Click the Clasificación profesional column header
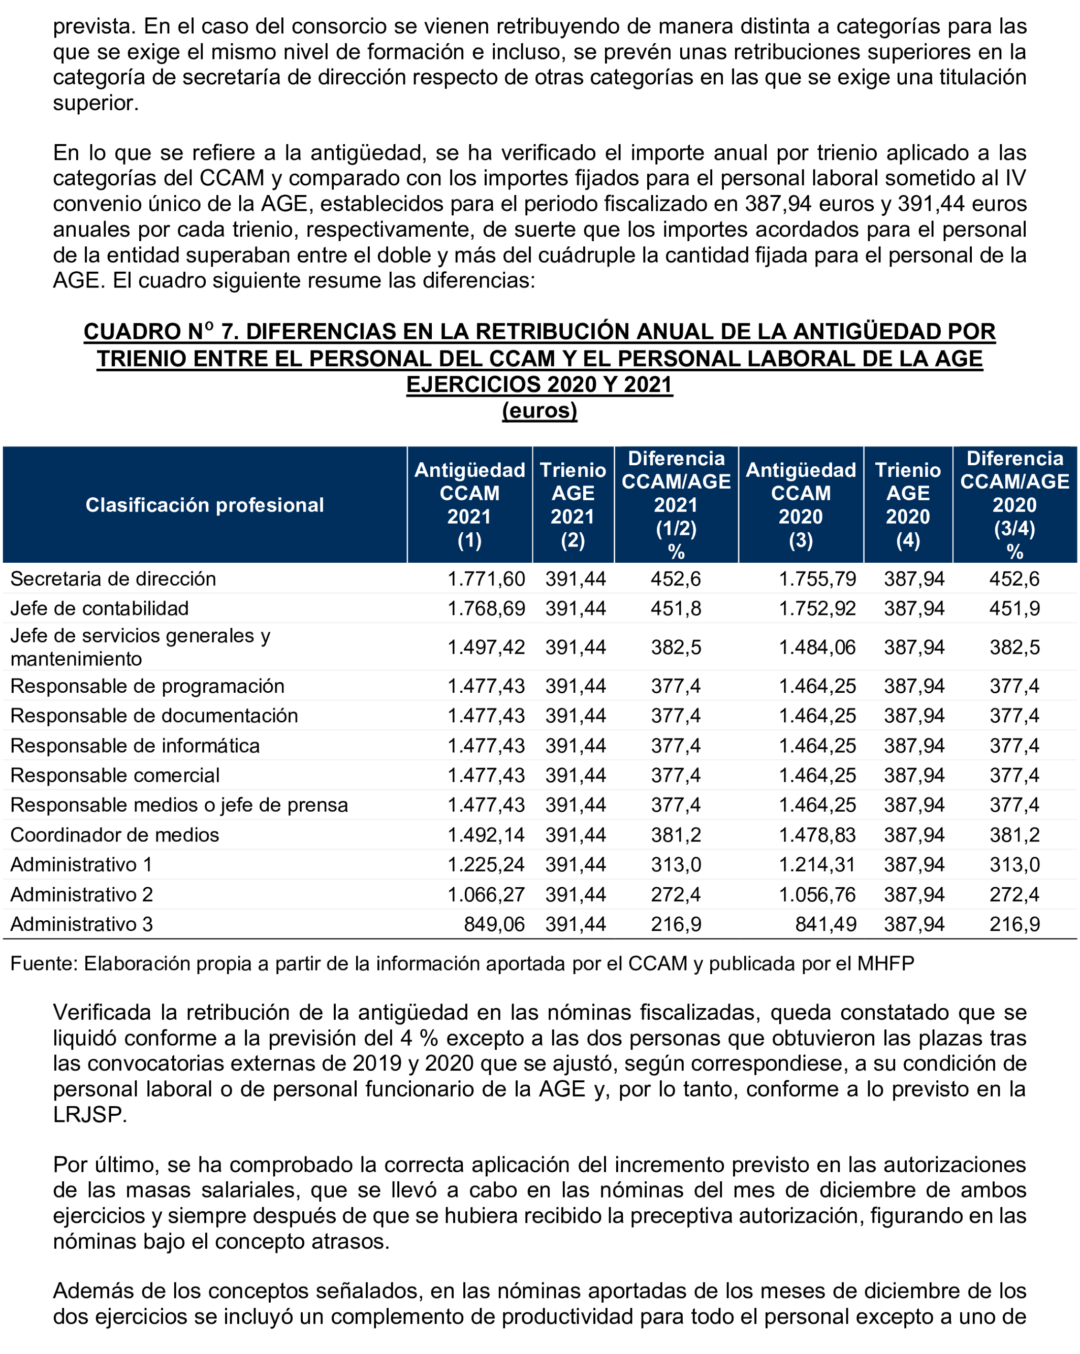pyautogui.click(x=204, y=505)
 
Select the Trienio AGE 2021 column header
pyautogui.click(x=573, y=505)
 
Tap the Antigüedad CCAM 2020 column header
pyautogui.click(x=801, y=505)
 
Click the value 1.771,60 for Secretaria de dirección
pyautogui.click(x=486, y=578)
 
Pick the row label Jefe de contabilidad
pyautogui.click(x=99, y=608)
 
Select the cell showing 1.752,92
pyautogui.click(x=817, y=608)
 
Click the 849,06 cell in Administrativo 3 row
pyautogui.click(x=494, y=924)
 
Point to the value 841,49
pyautogui.click(x=825, y=924)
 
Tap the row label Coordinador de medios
pyautogui.click(x=114, y=834)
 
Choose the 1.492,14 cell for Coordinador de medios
pyautogui.click(x=486, y=834)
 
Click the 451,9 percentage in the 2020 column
pyautogui.click(x=1014, y=608)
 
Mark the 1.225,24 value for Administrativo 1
pyautogui.click(x=486, y=864)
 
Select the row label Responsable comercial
pyautogui.click(x=115, y=775)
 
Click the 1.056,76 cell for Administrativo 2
pyautogui.click(x=817, y=894)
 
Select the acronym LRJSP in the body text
pyautogui.click(x=88, y=1115)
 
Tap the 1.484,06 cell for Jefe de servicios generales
pyautogui.click(x=817, y=647)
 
